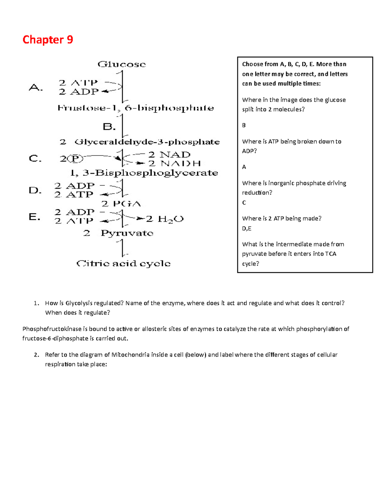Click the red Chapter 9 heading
[48, 40]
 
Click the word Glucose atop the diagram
[122, 64]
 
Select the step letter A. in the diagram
[36, 87]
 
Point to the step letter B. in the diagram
[109, 127]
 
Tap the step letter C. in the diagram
[35, 158]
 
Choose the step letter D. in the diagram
[35, 190]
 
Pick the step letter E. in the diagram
[35, 217]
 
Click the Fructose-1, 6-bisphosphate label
[136, 108]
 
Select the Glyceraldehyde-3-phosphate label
[147, 142]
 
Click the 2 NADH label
[174, 164]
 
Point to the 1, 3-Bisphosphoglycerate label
[144, 173]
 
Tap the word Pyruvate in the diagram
[127, 233]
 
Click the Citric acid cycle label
[124, 264]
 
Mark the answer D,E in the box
[247, 229]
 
